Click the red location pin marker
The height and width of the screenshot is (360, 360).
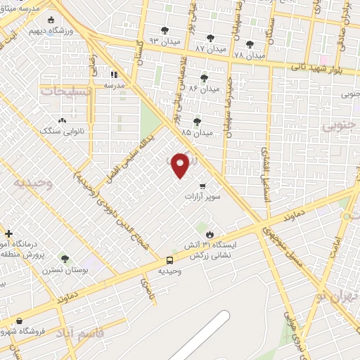(x=181, y=165)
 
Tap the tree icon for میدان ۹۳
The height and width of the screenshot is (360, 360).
(x=165, y=30)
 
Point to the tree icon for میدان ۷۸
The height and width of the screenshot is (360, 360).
(x=249, y=44)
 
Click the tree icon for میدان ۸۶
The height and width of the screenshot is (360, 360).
(x=204, y=77)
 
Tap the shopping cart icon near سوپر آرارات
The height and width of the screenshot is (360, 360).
(x=202, y=186)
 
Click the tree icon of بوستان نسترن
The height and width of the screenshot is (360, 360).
(x=65, y=259)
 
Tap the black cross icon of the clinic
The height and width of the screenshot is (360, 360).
(x=8, y=233)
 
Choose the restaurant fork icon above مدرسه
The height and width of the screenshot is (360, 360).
(x=114, y=74)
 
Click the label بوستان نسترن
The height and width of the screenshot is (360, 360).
(x=64, y=270)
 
